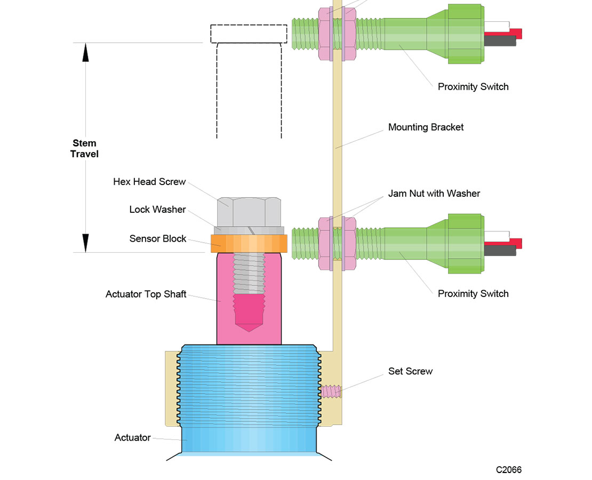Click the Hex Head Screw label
(149, 182)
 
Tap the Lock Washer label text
(157, 210)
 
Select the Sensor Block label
(157, 238)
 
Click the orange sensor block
(249, 243)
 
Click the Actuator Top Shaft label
(146, 294)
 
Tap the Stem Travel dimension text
(85, 149)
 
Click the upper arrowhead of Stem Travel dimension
(85, 52)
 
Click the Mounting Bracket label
(426, 127)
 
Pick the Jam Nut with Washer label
(434, 194)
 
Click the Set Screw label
(410, 371)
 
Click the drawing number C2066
(508, 470)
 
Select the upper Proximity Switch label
(473, 86)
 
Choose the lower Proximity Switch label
(473, 293)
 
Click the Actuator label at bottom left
(132, 438)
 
